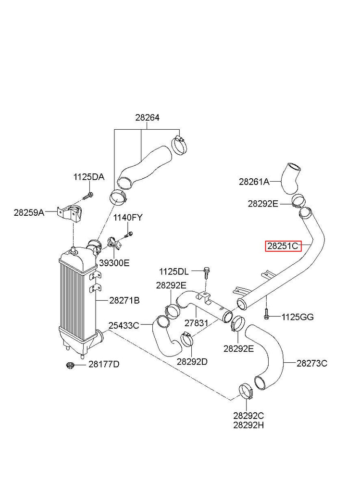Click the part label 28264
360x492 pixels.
[147, 118]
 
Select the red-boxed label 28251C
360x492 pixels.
[284, 246]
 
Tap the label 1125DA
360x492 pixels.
[88, 177]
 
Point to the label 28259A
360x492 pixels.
[29, 212]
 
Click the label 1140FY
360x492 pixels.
[128, 218]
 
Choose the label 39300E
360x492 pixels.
[114, 263]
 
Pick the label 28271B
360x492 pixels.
[124, 301]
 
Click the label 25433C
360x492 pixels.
[124, 325]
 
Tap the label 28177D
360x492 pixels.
[104, 364]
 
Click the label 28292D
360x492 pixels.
[192, 361]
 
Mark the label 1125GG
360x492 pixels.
[298, 317]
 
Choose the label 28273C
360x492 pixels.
[312, 363]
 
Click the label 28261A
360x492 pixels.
[254, 182]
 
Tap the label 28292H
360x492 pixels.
[249, 425]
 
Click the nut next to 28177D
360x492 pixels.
[69, 366]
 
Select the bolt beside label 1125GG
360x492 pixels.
[265, 314]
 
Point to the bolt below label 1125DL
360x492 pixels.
[205, 273]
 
